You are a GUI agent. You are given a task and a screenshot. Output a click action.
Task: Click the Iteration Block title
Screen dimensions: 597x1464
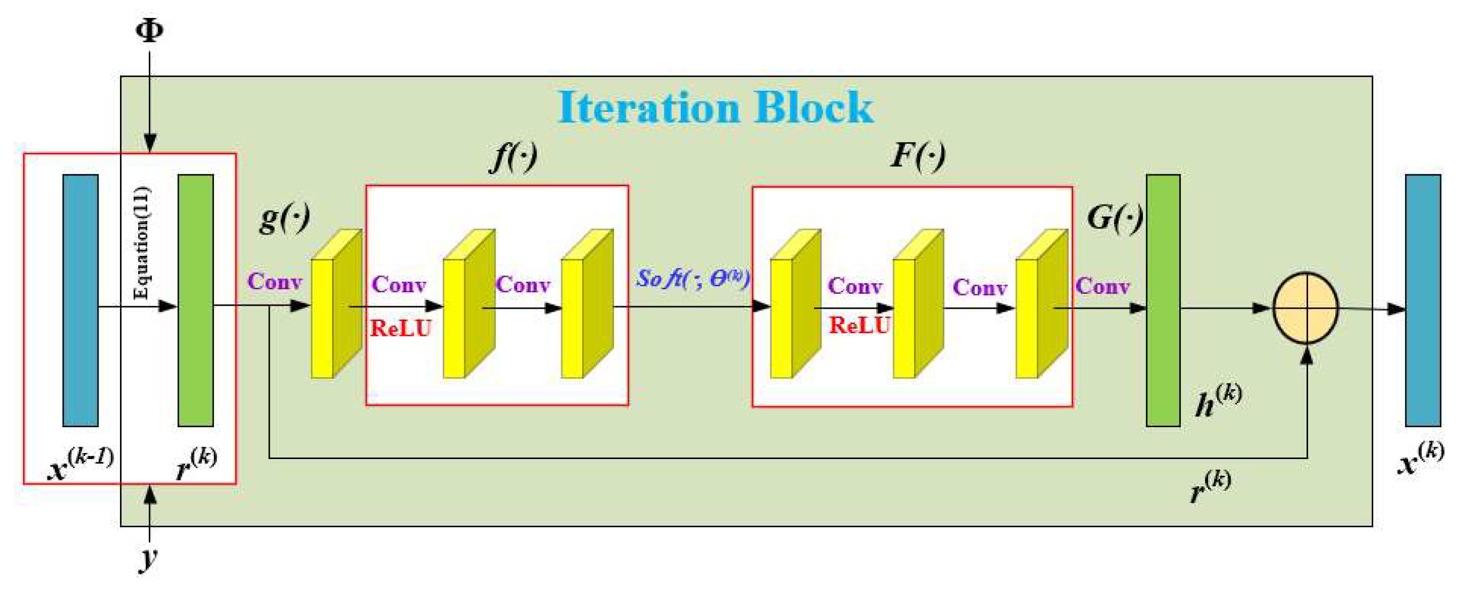716,107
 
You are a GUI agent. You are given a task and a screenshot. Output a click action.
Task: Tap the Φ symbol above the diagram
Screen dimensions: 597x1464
149,30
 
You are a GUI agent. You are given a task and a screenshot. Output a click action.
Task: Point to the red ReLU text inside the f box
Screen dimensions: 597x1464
401,328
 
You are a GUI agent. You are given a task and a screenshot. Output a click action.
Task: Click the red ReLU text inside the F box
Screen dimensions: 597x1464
859,326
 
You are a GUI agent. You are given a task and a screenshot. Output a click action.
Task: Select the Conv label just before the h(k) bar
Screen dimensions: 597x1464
1102,286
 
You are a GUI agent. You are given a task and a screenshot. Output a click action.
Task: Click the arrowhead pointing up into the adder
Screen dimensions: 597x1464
1307,355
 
